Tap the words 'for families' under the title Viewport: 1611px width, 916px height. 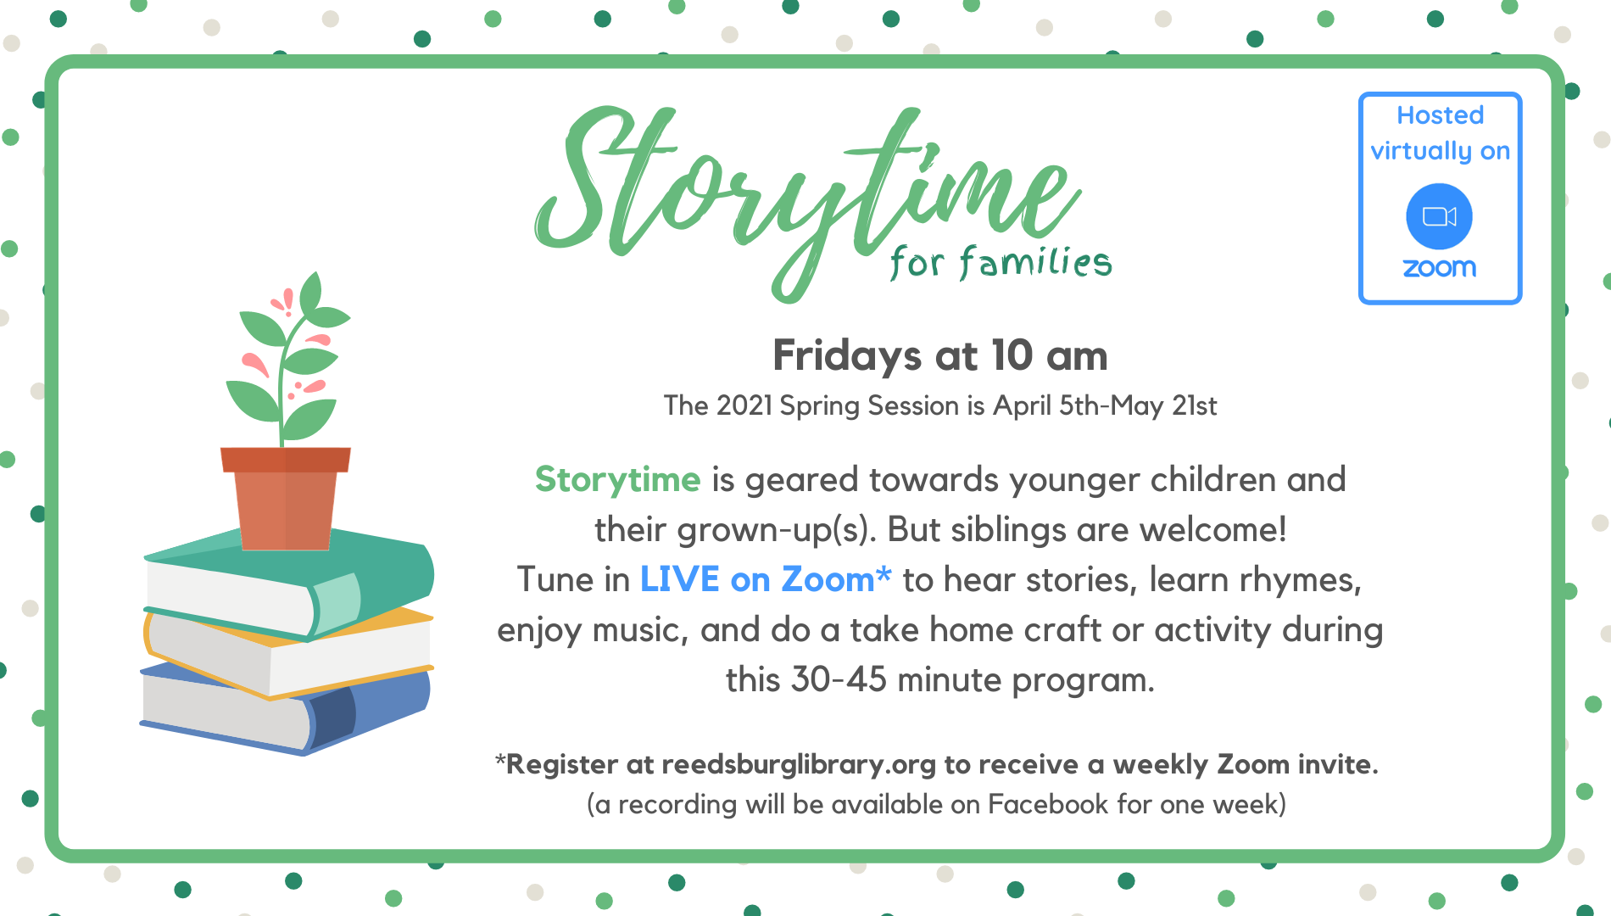tap(1001, 262)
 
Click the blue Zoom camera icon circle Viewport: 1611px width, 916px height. tap(1439, 216)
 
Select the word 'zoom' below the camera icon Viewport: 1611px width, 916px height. tap(1439, 268)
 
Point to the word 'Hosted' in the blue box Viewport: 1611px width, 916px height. tap(1440, 114)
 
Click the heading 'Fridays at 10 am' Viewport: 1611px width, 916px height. tap(939, 355)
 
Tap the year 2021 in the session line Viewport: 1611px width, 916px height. tap(744, 405)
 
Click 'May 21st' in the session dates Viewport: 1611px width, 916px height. tap(1163, 405)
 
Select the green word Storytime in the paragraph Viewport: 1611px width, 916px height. tap(617, 480)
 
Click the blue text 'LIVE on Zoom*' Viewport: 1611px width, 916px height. tap(765, 579)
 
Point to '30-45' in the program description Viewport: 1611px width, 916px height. tap(839, 679)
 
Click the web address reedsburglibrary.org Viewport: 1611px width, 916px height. tap(798, 764)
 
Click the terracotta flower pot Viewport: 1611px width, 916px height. tap(286, 498)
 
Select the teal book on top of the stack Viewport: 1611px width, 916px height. tap(288, 584)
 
